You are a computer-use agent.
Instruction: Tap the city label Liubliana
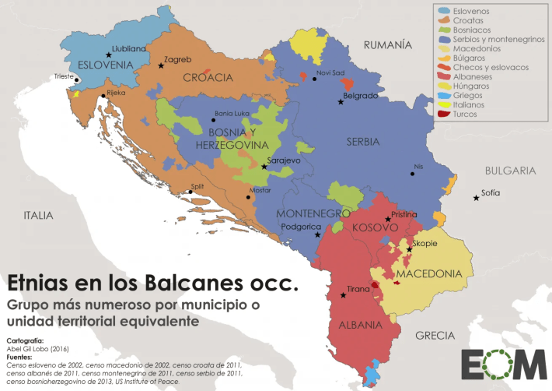click(128, 48)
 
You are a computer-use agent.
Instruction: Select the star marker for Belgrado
click(339, 102)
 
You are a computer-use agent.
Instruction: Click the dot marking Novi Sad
click(315, 79)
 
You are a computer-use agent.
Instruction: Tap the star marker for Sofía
click(476, 199)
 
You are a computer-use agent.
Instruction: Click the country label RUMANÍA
click(387, 45)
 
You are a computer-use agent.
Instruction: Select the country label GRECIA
click(435, 336)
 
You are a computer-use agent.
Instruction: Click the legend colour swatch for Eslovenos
click(444, 12)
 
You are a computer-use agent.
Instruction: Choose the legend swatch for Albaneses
click(444, 77)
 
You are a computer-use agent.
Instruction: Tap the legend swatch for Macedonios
click(444, 49)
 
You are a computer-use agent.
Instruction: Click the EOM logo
click(502, 364)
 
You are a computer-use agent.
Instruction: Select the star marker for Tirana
click(343, 295)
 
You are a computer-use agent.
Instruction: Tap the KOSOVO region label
click(375, 227)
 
